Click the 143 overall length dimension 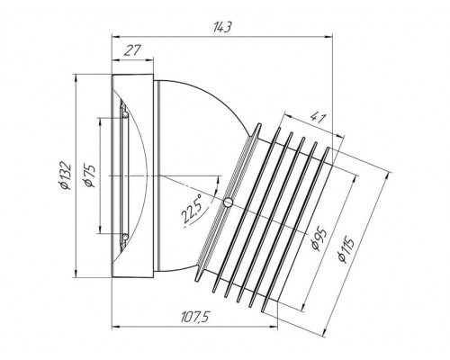(222, 27)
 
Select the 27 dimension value (132, 50)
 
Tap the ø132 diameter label (66, 176)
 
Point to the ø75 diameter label (89, 176)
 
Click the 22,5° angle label (193, 209)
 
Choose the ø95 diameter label (319, 239)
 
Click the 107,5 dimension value (194, 317)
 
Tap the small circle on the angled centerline (229, 202)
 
